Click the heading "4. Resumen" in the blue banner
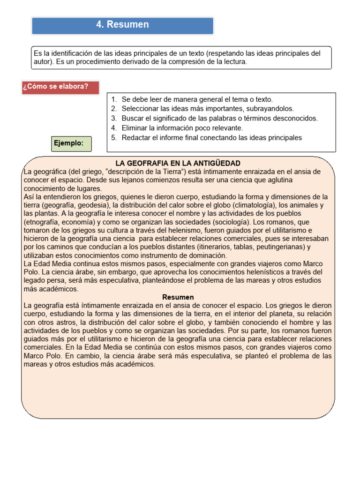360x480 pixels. click(122, 25)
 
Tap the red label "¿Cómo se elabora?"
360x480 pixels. click(56, 86)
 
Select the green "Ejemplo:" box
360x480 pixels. click(71, 143)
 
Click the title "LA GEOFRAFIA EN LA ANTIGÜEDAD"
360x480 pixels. click(178, 163)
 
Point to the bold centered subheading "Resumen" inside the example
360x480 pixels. click(178, 297)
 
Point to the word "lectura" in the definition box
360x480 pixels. click(233, 62)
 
